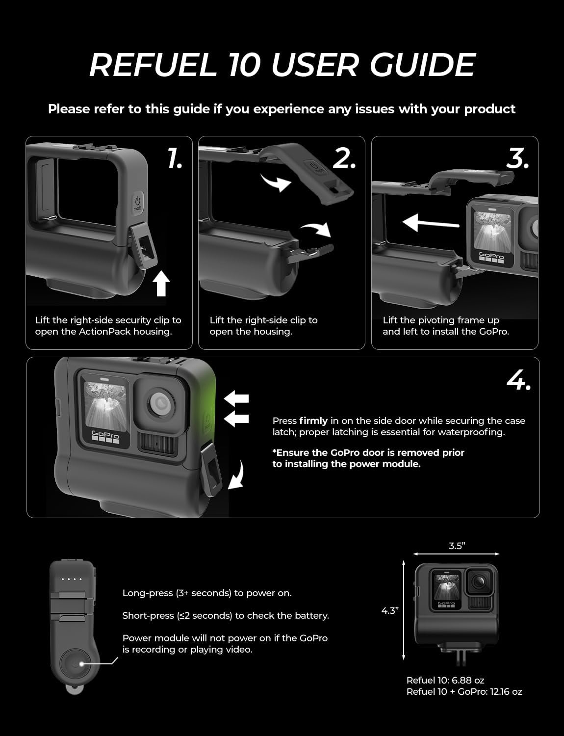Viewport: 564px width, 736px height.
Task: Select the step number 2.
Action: (x=344, y=158)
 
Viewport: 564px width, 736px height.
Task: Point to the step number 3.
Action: (x=518, y=158)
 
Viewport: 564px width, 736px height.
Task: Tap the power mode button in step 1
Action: (x=138, y=202)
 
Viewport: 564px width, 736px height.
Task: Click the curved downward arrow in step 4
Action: (x=237, y=474)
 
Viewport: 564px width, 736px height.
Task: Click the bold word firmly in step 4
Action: (x=313, y=421)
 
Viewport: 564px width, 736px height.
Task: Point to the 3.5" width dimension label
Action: (x=456, y=546)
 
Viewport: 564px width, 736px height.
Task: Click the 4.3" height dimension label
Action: (x=390, y=611)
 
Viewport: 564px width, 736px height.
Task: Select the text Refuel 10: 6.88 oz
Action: (x=445, y=681)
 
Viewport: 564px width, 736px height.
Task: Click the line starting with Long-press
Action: (x=207, y=593)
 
